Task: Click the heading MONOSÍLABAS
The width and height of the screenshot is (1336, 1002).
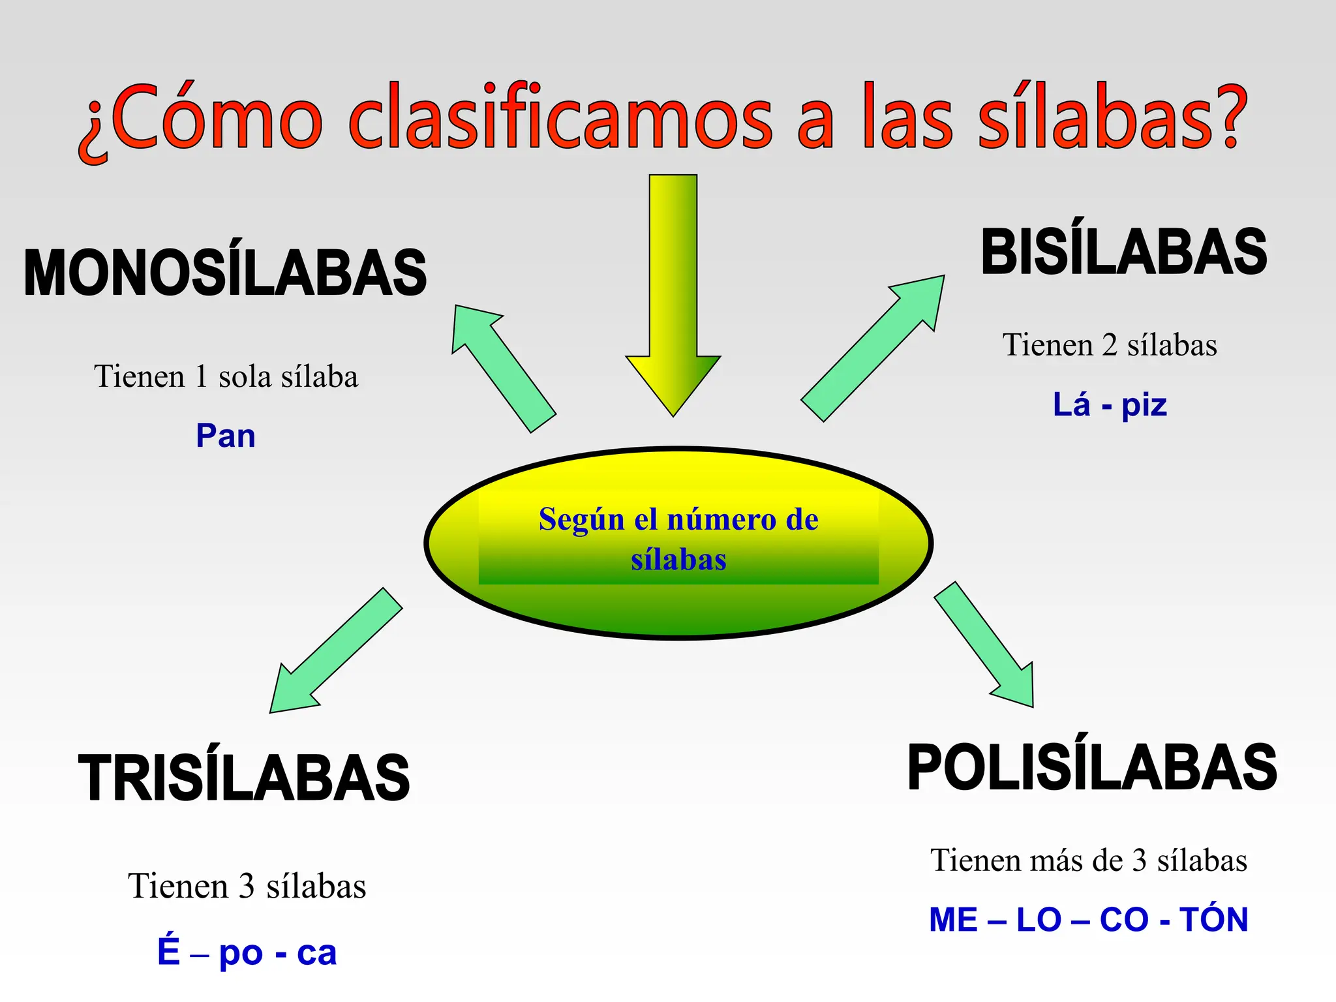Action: coord(225,273)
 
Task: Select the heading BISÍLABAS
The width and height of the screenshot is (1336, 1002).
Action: coord(1123,252)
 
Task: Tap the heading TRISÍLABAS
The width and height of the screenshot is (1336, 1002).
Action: coord(244,778)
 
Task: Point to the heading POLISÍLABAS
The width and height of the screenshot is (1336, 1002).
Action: coord(1092,768)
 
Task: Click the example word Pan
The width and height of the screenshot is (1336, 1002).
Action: coord(226,436)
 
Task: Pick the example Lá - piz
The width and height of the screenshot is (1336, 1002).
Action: coord(1110,404)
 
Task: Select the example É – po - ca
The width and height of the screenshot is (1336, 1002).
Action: coord(247,952)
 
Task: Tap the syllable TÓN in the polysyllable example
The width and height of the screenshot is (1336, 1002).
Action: coord(1213,920)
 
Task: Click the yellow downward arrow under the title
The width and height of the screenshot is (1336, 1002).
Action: coord(673,294)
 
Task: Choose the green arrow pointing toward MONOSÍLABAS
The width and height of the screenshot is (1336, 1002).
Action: coord(502,365)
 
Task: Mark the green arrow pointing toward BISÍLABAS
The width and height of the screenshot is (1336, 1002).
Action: coord(874,346)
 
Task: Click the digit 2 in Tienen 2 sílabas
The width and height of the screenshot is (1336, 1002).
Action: coord(1110,345)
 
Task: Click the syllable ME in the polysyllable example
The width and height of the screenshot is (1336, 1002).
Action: coord(953,920)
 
